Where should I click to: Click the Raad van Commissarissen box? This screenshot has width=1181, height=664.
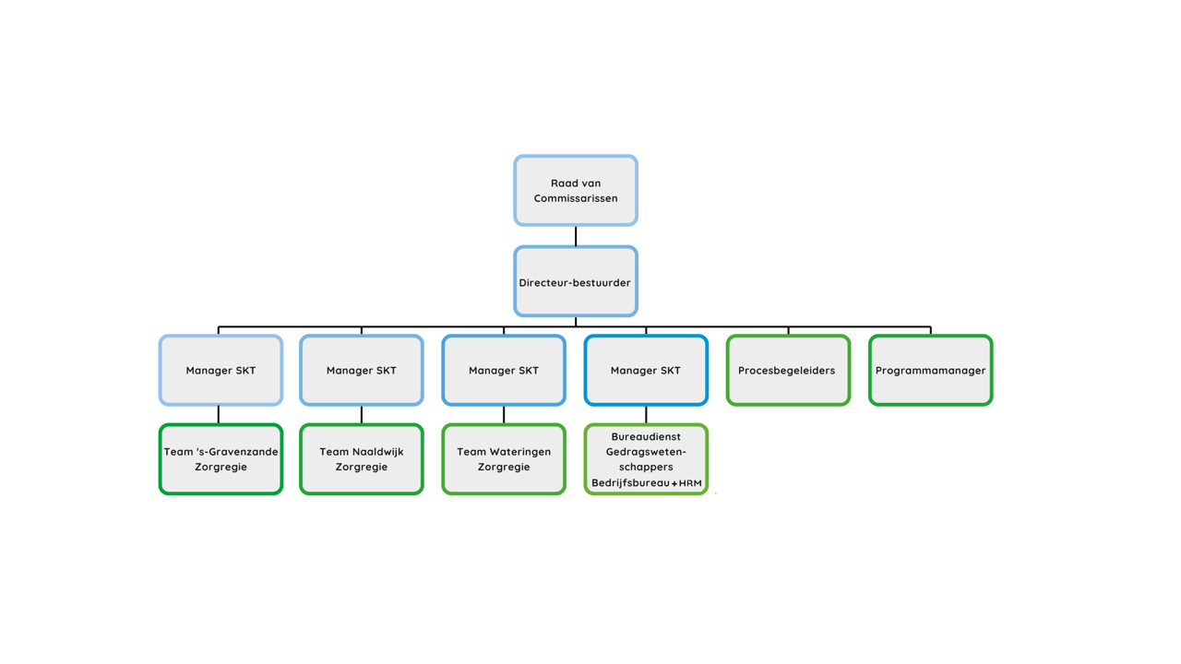pyautogui.click(x=576, y=190)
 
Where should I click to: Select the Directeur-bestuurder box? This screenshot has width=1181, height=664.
pyautogui.click(x=576, y=281)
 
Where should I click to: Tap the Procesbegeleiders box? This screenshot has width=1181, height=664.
pyautogui.click(x=788, y=370)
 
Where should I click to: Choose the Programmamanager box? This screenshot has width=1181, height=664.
pyautogui.click(x=931, y=370)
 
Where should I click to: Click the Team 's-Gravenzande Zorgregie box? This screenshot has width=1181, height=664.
pyautogui.click(x=221, y=459)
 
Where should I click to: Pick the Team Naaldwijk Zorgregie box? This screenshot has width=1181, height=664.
pyautogui.click(x=362, y=459)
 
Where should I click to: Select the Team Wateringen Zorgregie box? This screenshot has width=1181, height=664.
pyautogui.click(x=504, y=459)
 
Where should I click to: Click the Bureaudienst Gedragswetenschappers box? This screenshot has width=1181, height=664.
pyautogui.click(x=646, y=459)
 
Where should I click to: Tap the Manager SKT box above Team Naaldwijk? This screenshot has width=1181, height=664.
pyautogui.click(x=362, y=370)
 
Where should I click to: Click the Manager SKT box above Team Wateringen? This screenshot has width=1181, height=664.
pyautogui.click(x=504, y=370)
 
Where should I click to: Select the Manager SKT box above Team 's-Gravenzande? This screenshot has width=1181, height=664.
pyautogui.click(x=221, y=370)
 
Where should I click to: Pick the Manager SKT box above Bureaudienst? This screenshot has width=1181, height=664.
pyautogui.click(x=646, y=370)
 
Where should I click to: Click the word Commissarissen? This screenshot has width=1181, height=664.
pyautogui.click(x=576, y=198)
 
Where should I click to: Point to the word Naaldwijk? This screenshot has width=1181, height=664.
pyautogui.click(x=378, y=452)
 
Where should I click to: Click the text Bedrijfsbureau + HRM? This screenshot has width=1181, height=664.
pyautogui.click(x=647, y=482)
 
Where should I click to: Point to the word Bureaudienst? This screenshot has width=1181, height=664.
pyautogui.click(x=646, y=436)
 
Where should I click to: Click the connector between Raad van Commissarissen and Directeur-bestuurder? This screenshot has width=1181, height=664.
pyautogui.click(x=576, y=236)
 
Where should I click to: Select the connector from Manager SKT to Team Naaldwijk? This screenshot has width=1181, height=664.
pyautogui.click(x=362, y=415)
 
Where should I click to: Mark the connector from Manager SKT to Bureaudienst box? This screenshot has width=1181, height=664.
pyautogui.click(x=646, y=415)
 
